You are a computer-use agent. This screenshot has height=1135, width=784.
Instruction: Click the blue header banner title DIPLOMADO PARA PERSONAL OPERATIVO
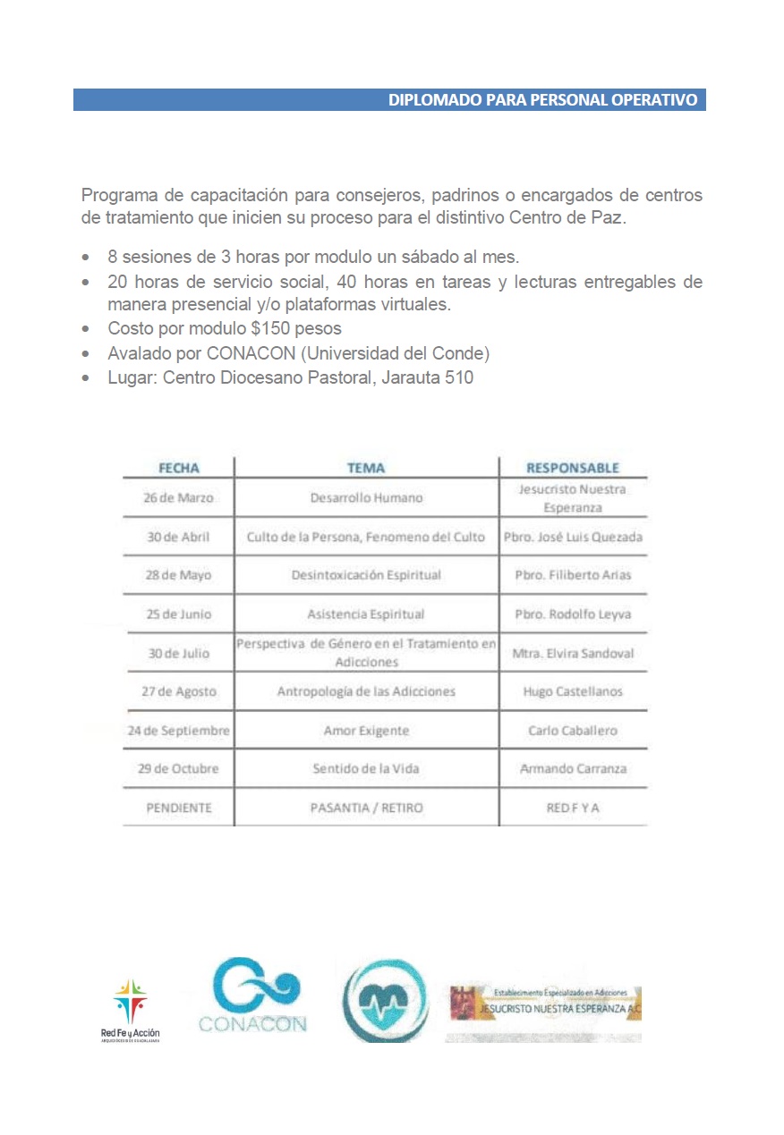pyautogui.click(x=542, y=100)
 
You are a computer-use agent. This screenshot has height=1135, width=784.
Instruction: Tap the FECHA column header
pyautogui.click(x=179, y=468)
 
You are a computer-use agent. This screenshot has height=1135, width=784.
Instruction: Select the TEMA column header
pyautogui.click(x=366, y=468)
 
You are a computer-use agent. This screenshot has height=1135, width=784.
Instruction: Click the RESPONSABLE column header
pyautogui.click(x=573, y=468)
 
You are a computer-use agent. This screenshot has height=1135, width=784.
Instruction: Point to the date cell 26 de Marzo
pyautogui.click(x=179, y=498)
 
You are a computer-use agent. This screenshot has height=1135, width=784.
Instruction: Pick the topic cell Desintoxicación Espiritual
pyautogui.click(x=366, y=575)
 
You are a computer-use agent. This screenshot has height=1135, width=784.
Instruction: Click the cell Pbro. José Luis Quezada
pyautogui.click(x=573, y=537)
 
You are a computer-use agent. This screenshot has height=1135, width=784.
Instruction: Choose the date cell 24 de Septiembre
pyautogui.click(x=179, y=731)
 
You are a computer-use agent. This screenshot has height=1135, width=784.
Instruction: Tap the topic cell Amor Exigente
pyautogui.click(x=366, y=731)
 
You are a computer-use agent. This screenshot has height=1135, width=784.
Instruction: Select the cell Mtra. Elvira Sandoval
pyautogui.click(x=573, y=653)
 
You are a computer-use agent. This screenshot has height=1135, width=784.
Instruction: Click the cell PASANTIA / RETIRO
pyautogui.click(x=366, y=808)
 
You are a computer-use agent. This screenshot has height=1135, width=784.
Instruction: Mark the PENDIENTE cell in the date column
pyautogui.click(x=179, y=808)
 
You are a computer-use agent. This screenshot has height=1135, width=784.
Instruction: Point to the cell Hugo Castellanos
pyautogui.click(x=573, y=691)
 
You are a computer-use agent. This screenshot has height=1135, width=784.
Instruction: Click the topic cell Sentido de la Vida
pyautogui.click(x=366, y=769)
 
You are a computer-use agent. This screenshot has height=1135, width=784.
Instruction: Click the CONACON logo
pyautogui.click(x=253, y=995)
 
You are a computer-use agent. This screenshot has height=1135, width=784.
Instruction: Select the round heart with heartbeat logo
pyautogui.click(x=386, y=1002)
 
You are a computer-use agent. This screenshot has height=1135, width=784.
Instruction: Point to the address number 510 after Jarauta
pyautogui.click(x=457, y=377)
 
